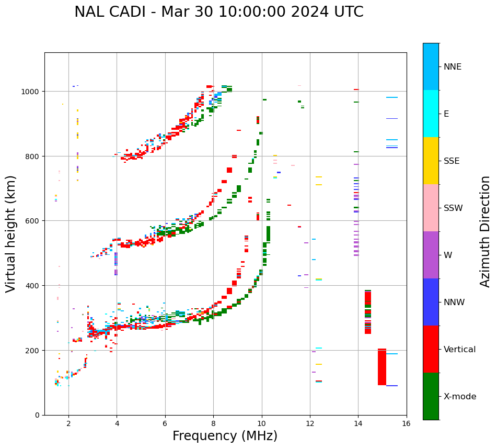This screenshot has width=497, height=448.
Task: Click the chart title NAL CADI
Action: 218,12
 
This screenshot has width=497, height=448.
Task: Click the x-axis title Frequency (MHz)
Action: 225,436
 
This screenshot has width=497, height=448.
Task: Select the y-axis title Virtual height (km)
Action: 11,233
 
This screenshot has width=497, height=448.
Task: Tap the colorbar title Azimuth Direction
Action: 486,231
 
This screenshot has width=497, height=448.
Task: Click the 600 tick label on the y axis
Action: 34,221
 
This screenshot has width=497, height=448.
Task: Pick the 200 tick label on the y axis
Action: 34,350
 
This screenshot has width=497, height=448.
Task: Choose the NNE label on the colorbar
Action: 453,67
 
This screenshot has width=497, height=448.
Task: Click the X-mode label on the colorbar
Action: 460,397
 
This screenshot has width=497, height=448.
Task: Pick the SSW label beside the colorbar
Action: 453,208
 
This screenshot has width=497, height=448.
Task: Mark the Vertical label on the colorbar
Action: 460,350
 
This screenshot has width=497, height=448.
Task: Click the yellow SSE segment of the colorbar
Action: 431,161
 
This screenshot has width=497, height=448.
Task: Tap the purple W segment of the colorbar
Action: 431,255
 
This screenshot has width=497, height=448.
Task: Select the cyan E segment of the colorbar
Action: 431,114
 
